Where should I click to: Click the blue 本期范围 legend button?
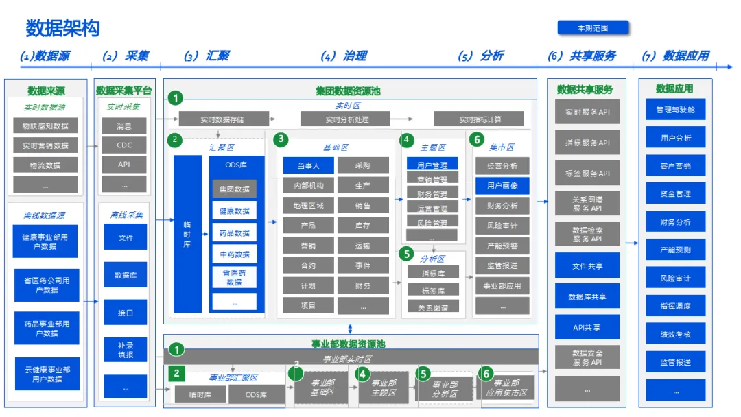pyautogui.click(x=593, y=28)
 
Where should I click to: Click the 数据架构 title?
pyautogui.click(x=62, y=29)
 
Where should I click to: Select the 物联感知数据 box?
pyautogui.click(x=45, y=126)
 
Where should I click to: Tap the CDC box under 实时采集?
pyautogui.click(x=124, y=145)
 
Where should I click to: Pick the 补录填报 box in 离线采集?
pyautogui.click(x=124, y=350)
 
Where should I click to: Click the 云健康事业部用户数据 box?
pyautogui.click(x=47, y=374)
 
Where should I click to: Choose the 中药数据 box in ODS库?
pyautogui.click(x=234, y=254)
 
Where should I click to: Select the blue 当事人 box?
pyautogui.click(x=307, y=165)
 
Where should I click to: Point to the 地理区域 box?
pyautogui.click(x=307, y=206)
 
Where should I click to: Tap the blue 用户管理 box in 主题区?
pyautogui.click(x=432, y=165)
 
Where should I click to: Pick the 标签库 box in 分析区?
pyautogui.click(x=432, y=290)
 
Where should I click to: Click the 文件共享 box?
pyautogui.click(x=587, y=265)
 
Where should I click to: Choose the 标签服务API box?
pyautogui.click(x=587, y=174)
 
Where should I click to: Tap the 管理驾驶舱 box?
pyautogui.click(x=675, y=110)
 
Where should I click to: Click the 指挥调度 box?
pyautogui.click(x=675, y=306)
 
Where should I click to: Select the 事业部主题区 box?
pyautogui.click(x=383, y=388)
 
